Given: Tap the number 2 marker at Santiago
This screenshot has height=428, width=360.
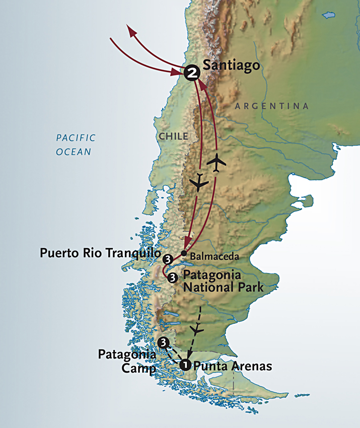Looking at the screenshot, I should coord(191,73).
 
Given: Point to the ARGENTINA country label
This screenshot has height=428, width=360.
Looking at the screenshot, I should coord(272,106).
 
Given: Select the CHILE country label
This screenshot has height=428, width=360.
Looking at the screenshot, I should coord(173,136).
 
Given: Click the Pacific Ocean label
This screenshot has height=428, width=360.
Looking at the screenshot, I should coord(76,145).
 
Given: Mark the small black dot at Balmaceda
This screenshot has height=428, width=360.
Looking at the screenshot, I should coord(184,254).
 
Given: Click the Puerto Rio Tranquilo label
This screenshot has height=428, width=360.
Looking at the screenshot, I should coord(100,253).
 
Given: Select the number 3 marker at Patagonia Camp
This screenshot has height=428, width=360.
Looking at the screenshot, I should coord(163,343).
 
